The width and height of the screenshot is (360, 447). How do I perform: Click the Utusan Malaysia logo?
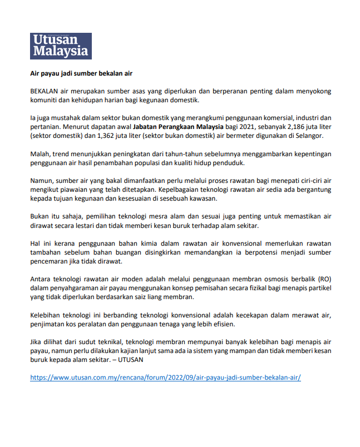(61, 46)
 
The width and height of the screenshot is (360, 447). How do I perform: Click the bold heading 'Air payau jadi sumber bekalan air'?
(81, 73)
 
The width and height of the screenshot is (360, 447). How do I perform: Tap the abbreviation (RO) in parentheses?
(324, 279)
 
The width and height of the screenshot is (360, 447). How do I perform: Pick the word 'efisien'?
(223, 324)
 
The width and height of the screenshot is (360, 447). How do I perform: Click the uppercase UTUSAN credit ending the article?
(134, 360)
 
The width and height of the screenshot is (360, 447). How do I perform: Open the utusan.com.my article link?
(165, 378)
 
